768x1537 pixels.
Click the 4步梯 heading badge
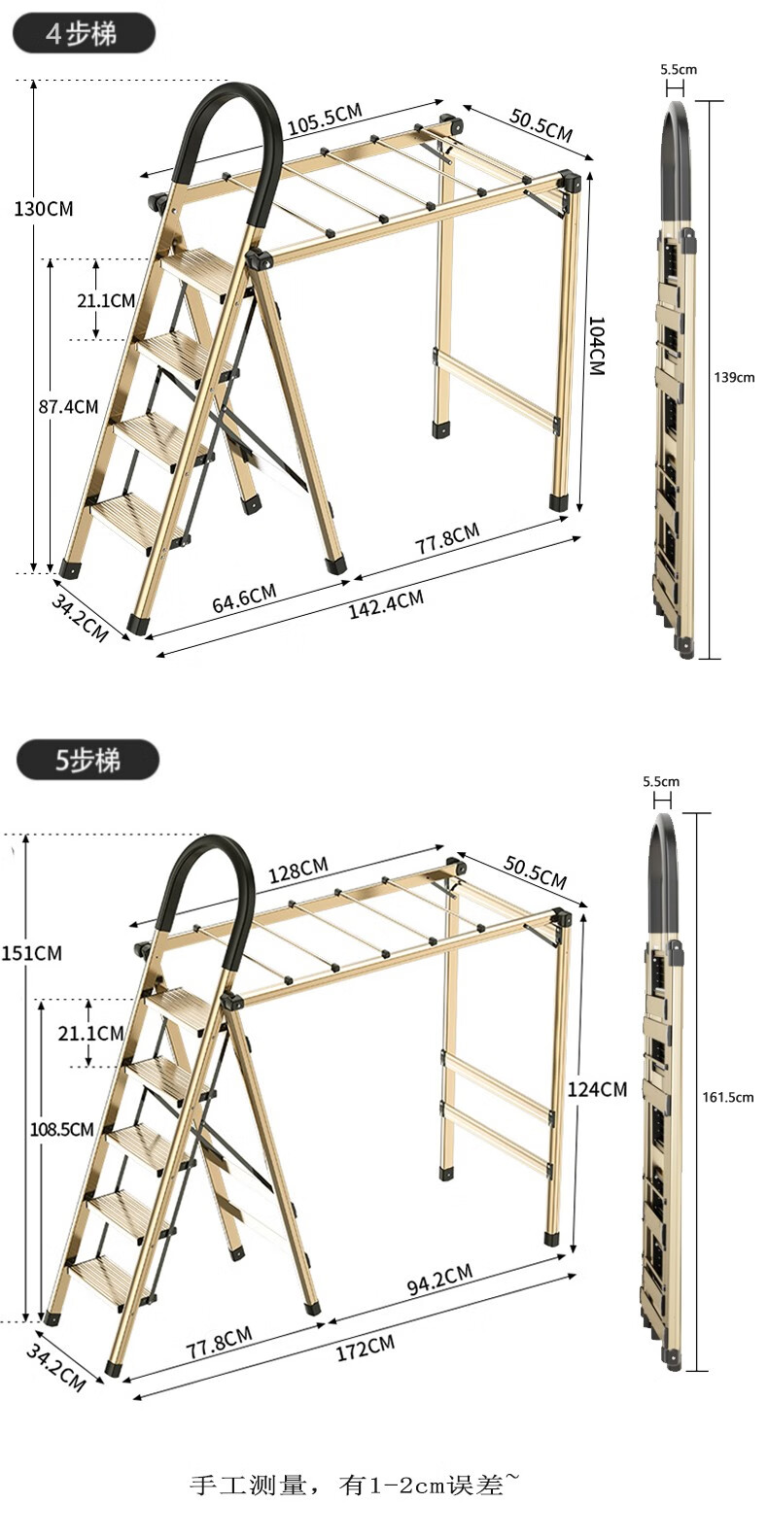(85, 34)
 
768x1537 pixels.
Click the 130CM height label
(43, 209)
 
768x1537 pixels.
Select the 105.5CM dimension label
(325, 119)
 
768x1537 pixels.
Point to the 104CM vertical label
(597, 346)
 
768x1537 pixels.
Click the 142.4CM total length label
(386, 604)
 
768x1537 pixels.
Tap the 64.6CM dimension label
(244, 598)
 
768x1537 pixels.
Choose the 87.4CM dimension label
(69, 407)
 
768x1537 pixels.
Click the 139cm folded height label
(734, 377)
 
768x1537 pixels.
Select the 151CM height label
(31, 953)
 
